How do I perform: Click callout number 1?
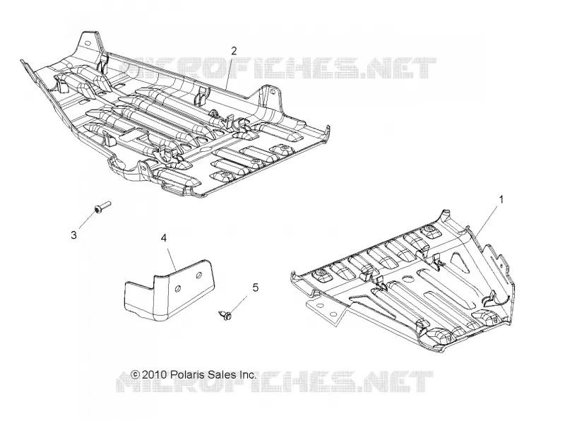tap(501, 198)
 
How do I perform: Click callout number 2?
tap(234, 51)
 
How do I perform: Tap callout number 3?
tap(74, 235)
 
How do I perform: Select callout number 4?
tap(164, 238)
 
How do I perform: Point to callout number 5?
tap(256, 287)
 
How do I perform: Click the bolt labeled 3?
tap(102, 206)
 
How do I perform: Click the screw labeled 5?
tap(225, 314)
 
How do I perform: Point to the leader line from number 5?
tap(239, 305)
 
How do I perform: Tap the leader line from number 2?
tap(230, 73)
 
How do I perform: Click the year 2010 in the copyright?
tap(154, 374)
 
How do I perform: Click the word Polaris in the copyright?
tap(186, 374)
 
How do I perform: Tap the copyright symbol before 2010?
tap(135, 374)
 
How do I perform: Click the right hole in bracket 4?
tap(198, 275)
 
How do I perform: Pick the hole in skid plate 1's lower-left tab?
tap(320, 305)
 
